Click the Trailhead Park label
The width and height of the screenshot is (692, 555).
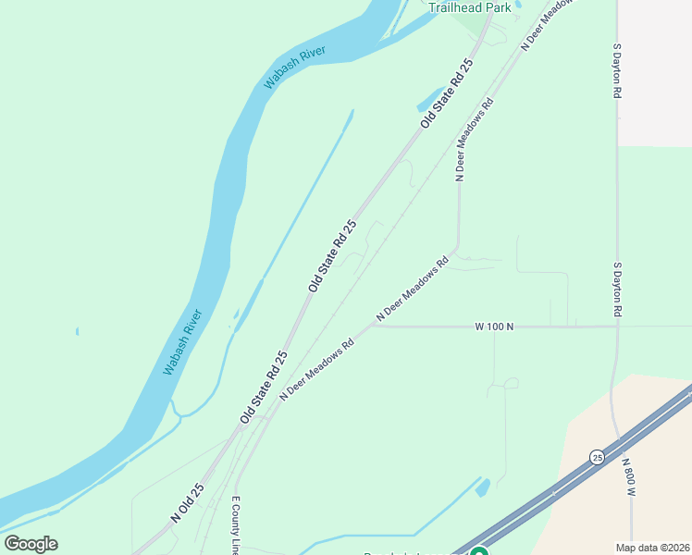pyautogui.click(x=470, y=7)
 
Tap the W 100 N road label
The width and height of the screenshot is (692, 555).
pyautogui.click(x=494, y=327)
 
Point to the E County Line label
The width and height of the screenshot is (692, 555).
pyautogui.click(x=236, y=524)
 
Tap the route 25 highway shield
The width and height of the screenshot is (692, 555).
pyautogui.click(x=598, y=458)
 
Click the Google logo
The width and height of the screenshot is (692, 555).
pyautogui.click(x=31, y=544)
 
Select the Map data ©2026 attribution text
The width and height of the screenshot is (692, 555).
pyautogui.click(x=653, y=548)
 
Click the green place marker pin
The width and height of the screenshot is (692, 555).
pyautogui.click(x=478, y=551)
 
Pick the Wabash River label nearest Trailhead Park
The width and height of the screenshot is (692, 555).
pyautogui.click(x=298, y=63)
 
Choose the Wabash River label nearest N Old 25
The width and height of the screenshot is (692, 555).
pyautogui.click(x=182, y=342)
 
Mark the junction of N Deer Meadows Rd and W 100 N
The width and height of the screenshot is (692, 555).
pyautogui.click(x=372, y=326)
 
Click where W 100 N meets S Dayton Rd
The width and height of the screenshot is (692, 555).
pyautogui.click(x=617, y=326)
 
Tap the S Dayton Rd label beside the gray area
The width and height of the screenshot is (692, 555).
pyautogui.click(x=617, y=70)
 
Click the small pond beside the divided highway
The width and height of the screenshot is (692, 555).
pyautogui.click(x=483, y=487)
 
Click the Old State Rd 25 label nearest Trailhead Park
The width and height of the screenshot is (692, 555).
pyautogui.click(x=446, y=93)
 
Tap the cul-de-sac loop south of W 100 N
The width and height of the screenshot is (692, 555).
pyautogui.click(x=510, y=383)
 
